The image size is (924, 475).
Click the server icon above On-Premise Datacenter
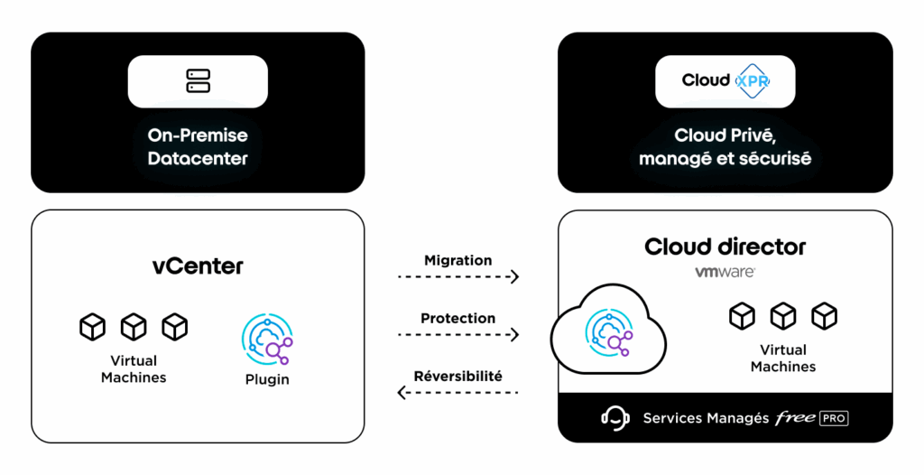pos(198,81)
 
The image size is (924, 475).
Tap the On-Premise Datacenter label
pos(198,147)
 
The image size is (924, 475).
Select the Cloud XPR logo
pos(725,81)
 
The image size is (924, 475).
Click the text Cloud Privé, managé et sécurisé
pos(725,147)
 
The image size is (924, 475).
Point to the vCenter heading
pos(198,266)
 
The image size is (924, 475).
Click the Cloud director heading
pos(725,247)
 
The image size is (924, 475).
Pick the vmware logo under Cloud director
pos(725,271)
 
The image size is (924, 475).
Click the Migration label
pos(458,260)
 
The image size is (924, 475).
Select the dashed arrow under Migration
pos(458,277)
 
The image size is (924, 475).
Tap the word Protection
pos(458,318)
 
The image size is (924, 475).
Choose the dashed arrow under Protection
pos(458,335)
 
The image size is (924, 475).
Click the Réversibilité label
pos(458,376)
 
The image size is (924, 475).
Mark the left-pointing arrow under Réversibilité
pos(458,392)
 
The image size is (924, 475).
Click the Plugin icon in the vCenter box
pos(267,339)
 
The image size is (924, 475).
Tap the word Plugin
pos(267,379)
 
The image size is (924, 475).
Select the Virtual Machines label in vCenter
pos(134,368)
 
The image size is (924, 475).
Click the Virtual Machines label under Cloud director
pos(783,358)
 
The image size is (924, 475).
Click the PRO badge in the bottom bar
pos(834,418)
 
